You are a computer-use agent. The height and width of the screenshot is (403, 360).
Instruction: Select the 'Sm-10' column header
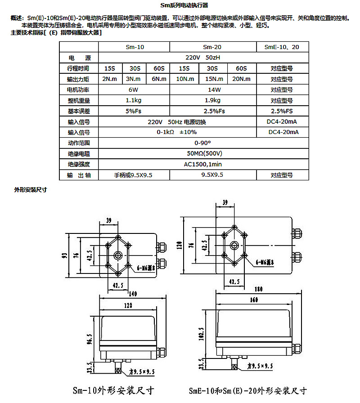tap(135, 47)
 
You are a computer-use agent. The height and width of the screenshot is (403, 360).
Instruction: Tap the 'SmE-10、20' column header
tap(282, 47)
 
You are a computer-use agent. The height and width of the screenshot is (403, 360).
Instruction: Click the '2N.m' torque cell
tap(110, 79)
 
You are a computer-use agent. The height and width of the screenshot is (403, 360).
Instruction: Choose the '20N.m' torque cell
tap(242, 79)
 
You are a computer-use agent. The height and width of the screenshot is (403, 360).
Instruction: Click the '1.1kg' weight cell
tap(135, 100)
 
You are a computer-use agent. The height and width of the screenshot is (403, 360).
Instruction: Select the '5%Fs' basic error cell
tap(135, 111)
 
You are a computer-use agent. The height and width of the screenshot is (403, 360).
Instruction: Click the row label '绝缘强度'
tap(79, 164)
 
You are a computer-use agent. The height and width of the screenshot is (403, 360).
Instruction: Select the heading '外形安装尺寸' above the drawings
tap(31, 190)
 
